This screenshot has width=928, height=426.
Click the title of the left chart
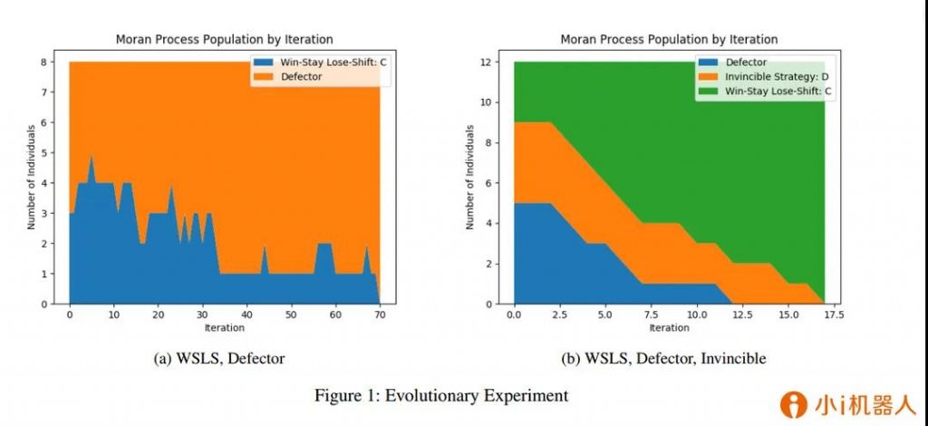(224, 40)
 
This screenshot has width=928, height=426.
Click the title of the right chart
(669, 40)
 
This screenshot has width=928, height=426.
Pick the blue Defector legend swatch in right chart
(709, 63)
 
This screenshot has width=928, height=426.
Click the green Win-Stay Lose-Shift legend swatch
(709, 92)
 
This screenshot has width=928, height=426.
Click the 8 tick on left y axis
(56, 62)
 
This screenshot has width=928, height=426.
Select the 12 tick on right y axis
(499, 62)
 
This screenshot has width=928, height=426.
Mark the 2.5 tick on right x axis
(559, 315)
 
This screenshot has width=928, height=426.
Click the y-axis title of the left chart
(32, 182)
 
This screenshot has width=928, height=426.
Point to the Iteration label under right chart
(669, 327)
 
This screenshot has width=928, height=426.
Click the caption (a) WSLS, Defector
(221, 359)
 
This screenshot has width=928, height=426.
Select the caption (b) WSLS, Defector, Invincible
(664, 359)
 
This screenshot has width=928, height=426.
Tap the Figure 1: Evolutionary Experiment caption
(441, 396)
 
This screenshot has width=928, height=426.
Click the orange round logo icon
(795, 404)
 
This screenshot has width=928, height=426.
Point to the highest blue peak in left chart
(91, 156)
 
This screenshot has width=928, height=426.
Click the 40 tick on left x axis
(246, 315)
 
